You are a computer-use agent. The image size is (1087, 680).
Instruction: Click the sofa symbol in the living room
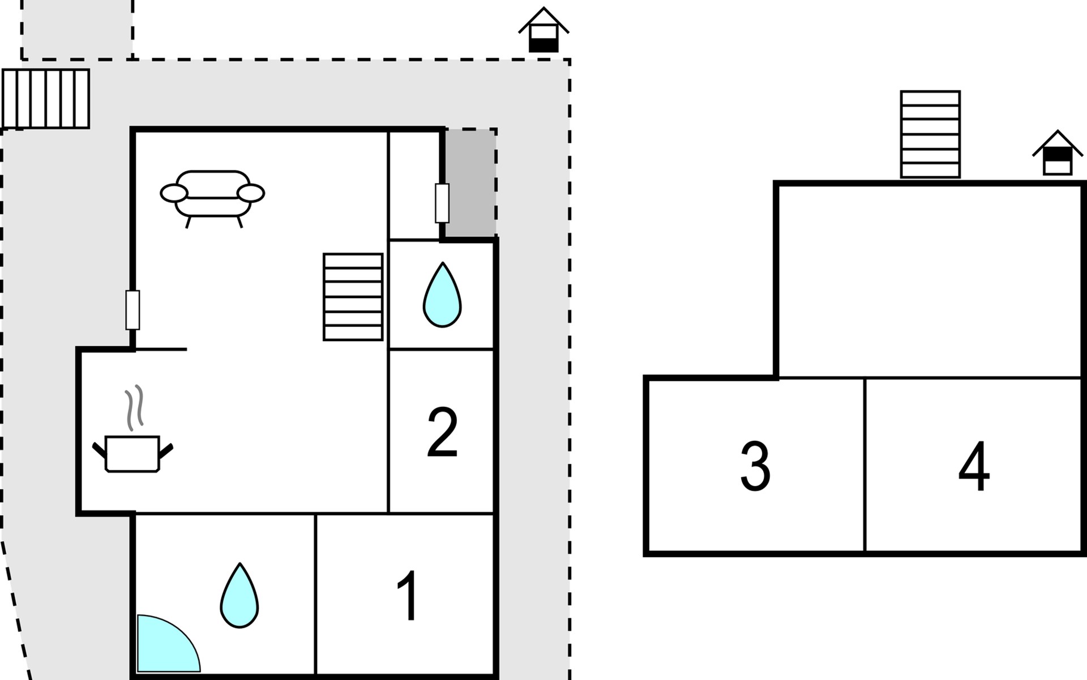(x=212, y=194)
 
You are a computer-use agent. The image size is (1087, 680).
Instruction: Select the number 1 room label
(x=408, y=596)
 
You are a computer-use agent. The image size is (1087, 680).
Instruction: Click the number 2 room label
(x=442, y=432)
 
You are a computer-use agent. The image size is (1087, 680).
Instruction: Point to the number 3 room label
(x=755, y=466)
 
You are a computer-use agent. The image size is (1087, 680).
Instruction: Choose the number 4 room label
(x=974, y=466)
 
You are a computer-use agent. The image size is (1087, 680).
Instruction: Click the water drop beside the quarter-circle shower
(x=239, y=596)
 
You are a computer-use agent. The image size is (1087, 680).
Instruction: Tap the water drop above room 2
(x=442, y=295)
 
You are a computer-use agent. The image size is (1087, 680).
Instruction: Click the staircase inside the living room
(x=353, y=296)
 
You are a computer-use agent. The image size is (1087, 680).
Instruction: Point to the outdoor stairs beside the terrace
(x=46, y=99)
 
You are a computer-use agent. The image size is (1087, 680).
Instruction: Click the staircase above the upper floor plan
(x=930, y=134)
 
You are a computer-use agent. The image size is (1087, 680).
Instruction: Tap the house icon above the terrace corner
(x=543, y=31)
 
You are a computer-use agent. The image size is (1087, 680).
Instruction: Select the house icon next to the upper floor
(x=1058, y=154)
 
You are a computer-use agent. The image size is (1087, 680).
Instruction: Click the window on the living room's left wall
(x=132, y=310)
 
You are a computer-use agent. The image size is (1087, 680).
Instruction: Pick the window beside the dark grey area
(x=442, y=203)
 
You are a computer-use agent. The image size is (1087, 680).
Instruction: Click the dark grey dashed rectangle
(x=470, y=182)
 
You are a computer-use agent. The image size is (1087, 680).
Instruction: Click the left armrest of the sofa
(x=174, y=193)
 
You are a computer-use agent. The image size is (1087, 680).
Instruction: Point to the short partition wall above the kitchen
(x=162, y=349)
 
